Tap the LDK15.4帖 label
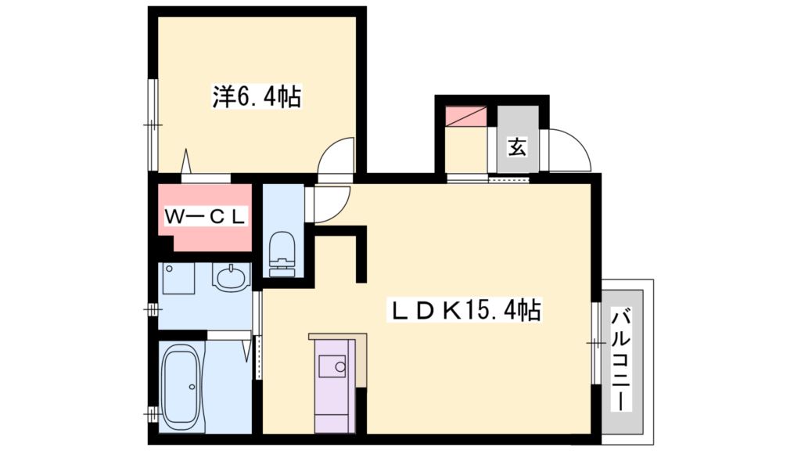(466, 311)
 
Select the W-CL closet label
(205, 215)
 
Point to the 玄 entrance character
(517, 146)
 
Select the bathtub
(185, 383)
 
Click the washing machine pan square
(178, 278)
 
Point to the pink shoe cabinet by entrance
(465, 116)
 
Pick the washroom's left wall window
(153, 310)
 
